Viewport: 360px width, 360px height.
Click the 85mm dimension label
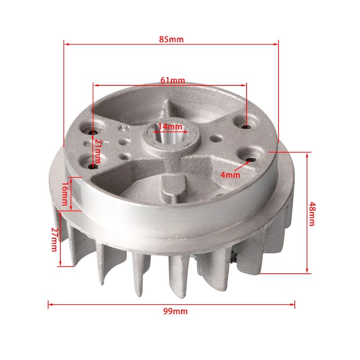click(x=171, y=39)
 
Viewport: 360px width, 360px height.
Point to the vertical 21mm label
click(x=98, y=151)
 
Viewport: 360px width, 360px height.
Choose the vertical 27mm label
click(x=54, y=239)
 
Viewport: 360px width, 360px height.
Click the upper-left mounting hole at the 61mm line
click(x=93, y=132)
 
